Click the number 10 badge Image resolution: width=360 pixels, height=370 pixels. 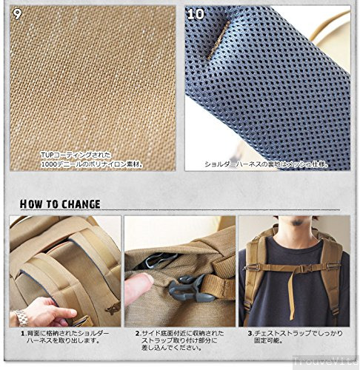(196, 14)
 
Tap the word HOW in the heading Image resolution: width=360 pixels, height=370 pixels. (32, 203)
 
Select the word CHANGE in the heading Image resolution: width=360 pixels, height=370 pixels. (79, 203)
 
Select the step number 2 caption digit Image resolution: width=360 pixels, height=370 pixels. (138, 334)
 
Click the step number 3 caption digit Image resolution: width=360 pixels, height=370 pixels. (250, 334)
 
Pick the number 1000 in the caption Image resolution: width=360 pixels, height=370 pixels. (49, 164)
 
